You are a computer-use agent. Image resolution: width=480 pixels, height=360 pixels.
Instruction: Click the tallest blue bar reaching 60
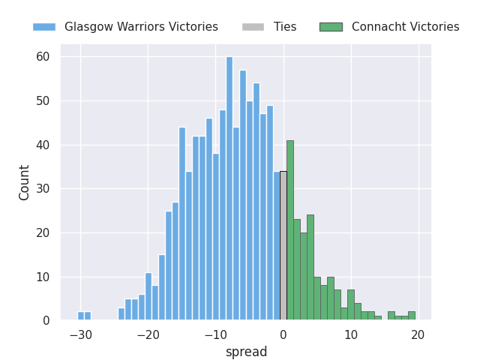pos(229,188)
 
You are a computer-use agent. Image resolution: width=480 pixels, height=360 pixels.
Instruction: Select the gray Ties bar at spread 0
pos(283,245)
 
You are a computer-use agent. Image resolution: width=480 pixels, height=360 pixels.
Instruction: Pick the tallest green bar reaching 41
pos(290,230)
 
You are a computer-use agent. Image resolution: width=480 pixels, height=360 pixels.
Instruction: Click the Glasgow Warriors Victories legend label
pos(141,27)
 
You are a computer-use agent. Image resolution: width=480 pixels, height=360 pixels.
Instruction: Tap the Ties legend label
pos(285,27)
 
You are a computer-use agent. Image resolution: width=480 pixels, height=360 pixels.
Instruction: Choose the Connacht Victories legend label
pos(405,27)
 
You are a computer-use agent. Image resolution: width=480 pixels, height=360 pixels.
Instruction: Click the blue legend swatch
pos(44,27)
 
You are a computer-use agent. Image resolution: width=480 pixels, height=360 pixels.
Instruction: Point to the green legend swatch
pos(331,27)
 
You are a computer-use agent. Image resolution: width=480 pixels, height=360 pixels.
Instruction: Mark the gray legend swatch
pos(253,27)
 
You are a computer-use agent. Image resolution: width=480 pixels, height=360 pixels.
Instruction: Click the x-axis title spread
pos(247,352)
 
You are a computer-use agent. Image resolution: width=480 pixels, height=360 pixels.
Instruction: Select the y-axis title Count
pos(24,183)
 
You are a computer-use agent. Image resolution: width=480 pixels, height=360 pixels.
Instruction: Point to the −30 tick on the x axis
pos(81,335)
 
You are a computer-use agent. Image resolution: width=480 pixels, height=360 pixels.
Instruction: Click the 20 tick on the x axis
pos(418,335)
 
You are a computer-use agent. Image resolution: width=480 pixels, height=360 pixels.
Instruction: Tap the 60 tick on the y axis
pos(43,57)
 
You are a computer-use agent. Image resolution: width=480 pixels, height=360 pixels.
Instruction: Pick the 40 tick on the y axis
pos(43,145)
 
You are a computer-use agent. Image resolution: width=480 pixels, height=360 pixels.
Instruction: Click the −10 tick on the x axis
pos(216,335)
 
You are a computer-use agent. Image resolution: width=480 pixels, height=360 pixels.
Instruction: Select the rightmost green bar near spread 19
pos(412,316)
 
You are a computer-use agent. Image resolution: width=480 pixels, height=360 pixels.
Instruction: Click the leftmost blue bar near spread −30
pos(81,316)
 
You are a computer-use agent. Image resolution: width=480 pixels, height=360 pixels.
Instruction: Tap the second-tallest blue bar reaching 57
pos(243,195)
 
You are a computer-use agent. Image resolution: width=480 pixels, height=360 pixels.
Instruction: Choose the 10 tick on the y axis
pos(43,277)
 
